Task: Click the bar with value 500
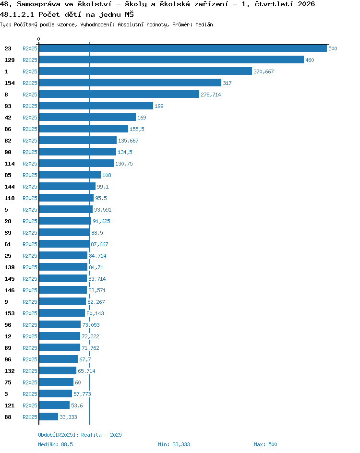click(183, 48)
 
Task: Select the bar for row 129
click(171, 60)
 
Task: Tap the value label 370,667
click(264, 72)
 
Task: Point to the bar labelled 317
click(130, 83)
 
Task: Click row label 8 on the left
click(6, 95)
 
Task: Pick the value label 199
click(159, 106)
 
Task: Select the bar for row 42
click(87, 117)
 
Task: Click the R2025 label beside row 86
click(30, 129)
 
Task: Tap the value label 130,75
click(124, 164)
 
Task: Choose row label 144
click(10, 187)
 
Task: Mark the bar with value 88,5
click(64, 233)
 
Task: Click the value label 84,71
click(96, 267)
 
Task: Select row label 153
click(10, 313)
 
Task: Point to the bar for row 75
click(56, 382)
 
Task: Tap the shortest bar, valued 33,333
click(48, 417)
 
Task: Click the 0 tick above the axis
click(39, 39)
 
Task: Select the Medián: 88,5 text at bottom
click(56, 444)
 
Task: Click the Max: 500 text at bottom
click(265, 444)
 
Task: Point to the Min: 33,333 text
click(174, 444)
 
